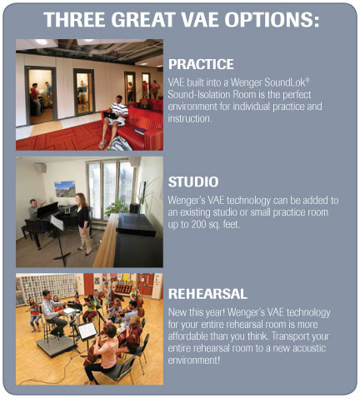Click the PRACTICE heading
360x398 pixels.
tap(201, 64)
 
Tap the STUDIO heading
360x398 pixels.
tap(193, 182)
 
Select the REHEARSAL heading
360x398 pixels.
tap(207, 294)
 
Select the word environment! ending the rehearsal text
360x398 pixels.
tap(194, 361)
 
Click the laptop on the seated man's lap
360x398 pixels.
tap(111, 115)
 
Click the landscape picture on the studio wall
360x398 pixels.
tap(65, 189)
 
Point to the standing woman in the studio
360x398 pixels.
tap(83, 224)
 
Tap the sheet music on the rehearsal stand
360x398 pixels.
tap(87, 331)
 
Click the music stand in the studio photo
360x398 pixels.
tap(60, 239)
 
